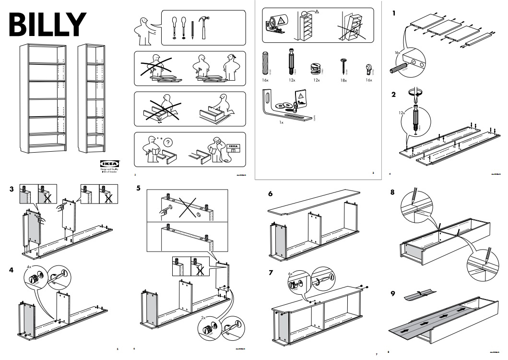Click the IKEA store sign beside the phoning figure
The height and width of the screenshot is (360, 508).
pos(232,147)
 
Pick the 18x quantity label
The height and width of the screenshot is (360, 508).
pos(344,80)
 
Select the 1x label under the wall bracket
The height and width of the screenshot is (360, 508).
pos(282,123)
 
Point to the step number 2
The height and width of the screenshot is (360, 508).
pos(394,95)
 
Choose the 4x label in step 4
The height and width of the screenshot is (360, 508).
pos(29,266)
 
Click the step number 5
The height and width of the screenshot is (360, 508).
pos(138,188)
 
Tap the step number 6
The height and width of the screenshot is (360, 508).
pos(271,194)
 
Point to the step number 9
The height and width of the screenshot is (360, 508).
pos(393,294)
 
